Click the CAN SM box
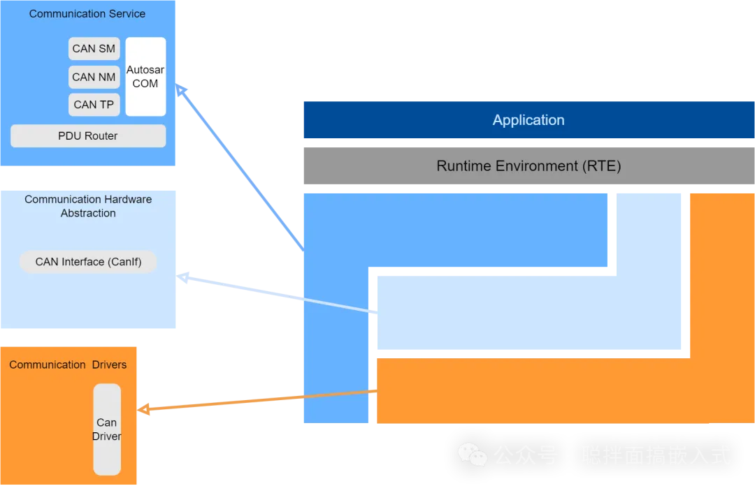coord(94,49)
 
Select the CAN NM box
coord(94,77)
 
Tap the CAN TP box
coord(94,105)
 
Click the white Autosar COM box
coord(145,77)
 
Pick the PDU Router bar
coord(88,136)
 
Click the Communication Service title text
coord(87,14)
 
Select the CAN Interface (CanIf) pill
coord(88,262)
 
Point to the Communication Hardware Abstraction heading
coord(88,206)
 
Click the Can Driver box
coord(107,429)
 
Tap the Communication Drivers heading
coord(68,364)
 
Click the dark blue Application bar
coord(528,120)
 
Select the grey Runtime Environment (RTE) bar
coord(528,166)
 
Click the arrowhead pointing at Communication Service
coord(181,89)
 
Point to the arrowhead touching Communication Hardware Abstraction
coord(183,278)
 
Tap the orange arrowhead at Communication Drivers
coord(144,409)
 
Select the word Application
coord(528,120)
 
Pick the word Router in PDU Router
coord(101,136)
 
